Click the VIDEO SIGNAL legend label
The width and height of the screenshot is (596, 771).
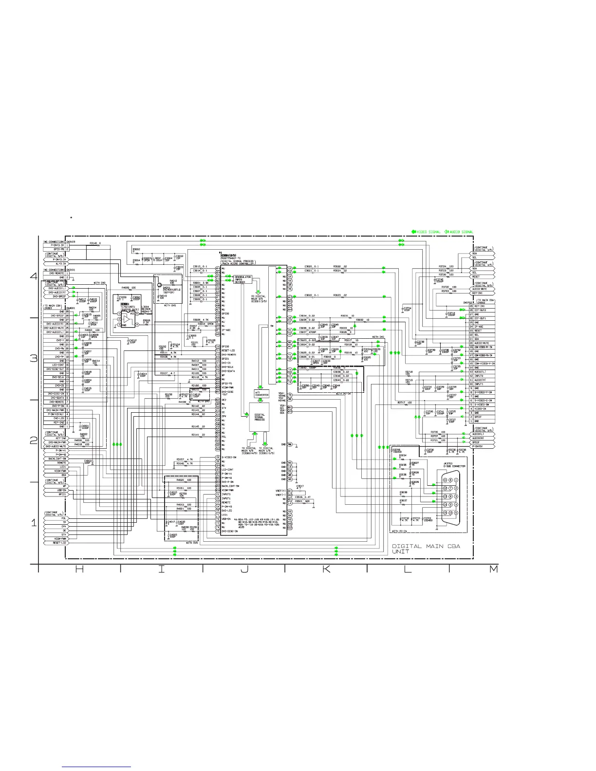(428, 232)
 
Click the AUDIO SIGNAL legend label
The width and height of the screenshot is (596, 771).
(461, 232)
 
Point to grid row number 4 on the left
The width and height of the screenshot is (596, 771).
(34, 276)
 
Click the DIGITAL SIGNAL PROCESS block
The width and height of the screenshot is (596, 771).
(260, 417)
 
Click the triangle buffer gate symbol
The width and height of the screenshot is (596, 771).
(126, 318)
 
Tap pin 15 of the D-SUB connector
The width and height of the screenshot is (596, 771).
(445, 513)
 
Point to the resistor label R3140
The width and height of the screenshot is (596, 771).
(91, 242)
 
